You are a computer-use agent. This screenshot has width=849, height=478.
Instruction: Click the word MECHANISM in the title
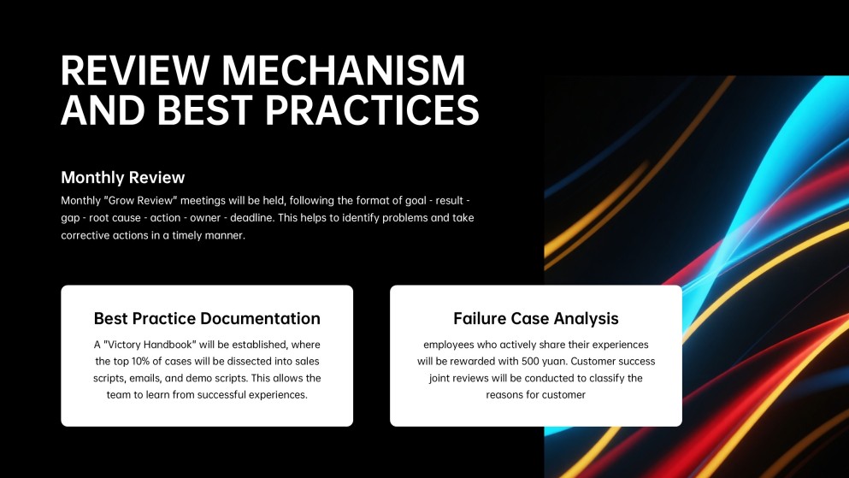click(343, 70)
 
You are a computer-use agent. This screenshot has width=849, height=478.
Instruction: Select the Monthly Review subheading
click(123, 178)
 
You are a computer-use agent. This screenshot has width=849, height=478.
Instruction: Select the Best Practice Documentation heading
click(207, 318)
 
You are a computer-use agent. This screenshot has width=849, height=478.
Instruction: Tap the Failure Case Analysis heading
click(536, 318)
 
